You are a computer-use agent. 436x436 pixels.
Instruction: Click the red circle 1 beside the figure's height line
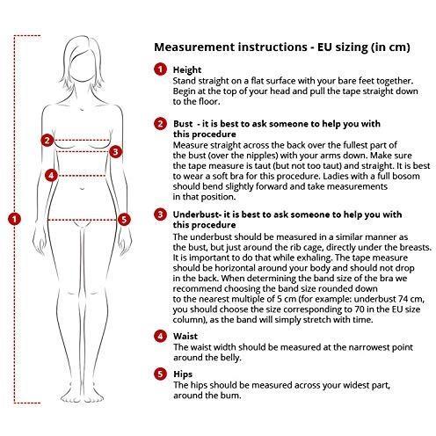click(15, 219)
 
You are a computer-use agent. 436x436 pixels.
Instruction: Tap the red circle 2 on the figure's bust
click(47, 141)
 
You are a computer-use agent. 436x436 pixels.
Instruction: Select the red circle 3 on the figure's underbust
click(116, 152)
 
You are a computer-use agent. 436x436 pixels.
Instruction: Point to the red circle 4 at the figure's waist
click(52, 175)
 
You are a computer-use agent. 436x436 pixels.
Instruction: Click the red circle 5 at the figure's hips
click(124, 220)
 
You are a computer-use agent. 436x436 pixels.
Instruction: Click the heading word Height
click(187, 70)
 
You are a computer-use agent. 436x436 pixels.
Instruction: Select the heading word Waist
click(185, 336)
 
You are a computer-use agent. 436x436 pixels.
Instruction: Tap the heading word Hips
click(183, 374)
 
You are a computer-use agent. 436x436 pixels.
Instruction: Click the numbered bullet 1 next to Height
click(160, 69)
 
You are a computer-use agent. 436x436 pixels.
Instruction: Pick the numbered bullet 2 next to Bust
click(160, 124)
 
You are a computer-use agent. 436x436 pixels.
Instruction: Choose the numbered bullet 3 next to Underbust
click(160, 214)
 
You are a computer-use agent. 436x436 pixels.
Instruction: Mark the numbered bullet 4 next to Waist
click(160, 336)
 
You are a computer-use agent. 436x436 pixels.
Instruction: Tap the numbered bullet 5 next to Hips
click(160, 374)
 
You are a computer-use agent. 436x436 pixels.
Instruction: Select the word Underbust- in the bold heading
click(196, 214)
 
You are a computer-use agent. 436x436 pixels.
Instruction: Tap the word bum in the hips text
click(233, 396)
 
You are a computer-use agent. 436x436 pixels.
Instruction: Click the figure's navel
click(83, 188)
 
